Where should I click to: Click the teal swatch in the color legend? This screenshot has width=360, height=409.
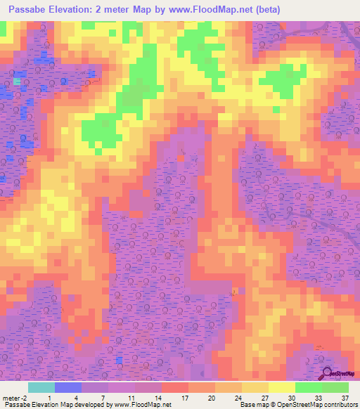tap(41, 387)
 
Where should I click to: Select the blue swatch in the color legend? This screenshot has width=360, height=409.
tap(67, 387)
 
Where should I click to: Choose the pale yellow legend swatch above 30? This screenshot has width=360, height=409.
tap(281, 387)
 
